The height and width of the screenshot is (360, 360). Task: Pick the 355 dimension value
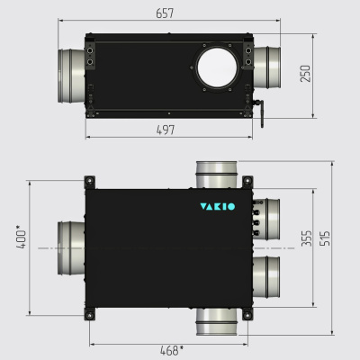click(307, 238)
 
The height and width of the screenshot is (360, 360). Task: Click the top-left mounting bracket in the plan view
click(89, 182)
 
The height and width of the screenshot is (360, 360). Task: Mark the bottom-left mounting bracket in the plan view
click(89, 314)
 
